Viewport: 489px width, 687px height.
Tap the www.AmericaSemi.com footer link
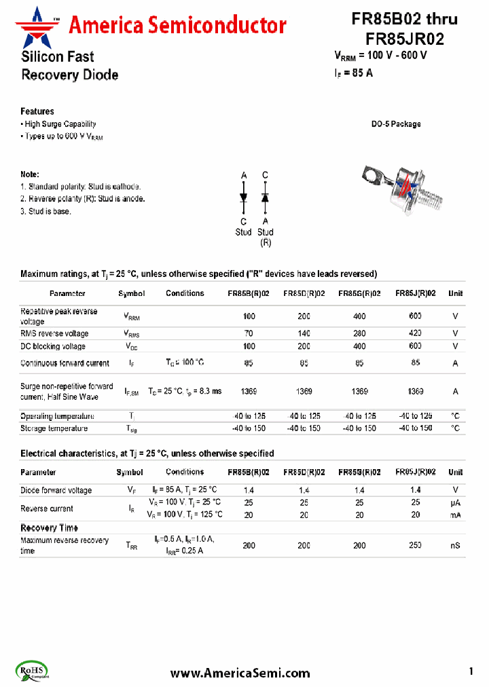pos(240,673)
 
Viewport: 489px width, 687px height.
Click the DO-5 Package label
pos(395,124)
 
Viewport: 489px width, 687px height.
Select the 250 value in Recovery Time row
pos(415,545)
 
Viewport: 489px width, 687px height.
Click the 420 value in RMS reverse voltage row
pos(415,333)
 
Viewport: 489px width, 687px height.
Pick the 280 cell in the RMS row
pos(359,333)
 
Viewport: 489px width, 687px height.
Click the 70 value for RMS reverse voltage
pos(249,333)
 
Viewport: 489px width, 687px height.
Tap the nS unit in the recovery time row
pos(455,545)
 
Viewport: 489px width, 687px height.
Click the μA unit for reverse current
pos(455,502)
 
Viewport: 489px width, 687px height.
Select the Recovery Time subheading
pos(49,527)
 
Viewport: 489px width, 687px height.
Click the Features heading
pos(37,111)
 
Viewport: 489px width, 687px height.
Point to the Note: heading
pos(30,174)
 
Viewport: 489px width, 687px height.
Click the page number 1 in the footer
pos(471,671)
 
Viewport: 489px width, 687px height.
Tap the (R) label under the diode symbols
pos(266,242)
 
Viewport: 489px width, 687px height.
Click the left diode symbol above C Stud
pos(244,197)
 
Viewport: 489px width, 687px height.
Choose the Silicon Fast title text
pos(58,57)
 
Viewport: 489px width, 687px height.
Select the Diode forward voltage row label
pos(56,490)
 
